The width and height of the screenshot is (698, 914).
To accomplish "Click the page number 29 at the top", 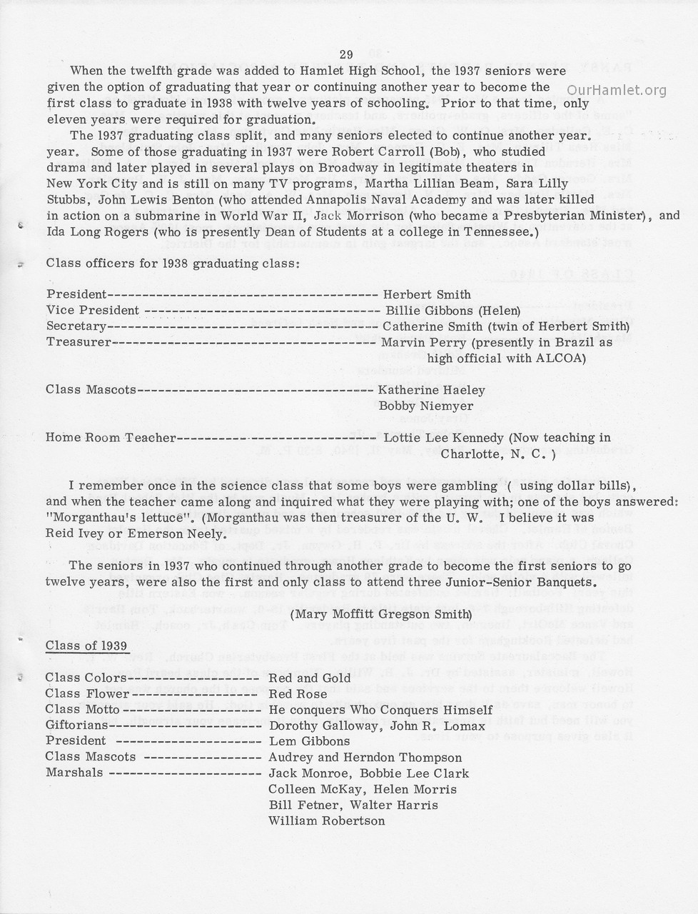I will coord(346,55).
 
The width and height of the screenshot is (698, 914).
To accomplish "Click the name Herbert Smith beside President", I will coord(427,295).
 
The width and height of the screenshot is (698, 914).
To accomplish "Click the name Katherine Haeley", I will coord(431,391).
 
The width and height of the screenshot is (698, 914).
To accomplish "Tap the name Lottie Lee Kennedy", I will coord(444,438).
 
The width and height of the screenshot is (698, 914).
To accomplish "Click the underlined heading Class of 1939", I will coord(86,646).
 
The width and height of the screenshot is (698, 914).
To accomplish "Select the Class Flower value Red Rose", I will coord(298,694).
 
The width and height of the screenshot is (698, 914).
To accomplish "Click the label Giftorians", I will coord(77,725).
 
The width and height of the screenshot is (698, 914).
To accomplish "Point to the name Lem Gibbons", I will coord(309,741).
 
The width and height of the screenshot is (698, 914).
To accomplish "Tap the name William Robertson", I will coord(326,821).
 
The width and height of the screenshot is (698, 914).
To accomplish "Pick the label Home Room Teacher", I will coord(110,438).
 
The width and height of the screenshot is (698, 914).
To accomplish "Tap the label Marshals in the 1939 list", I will coord(74,773).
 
